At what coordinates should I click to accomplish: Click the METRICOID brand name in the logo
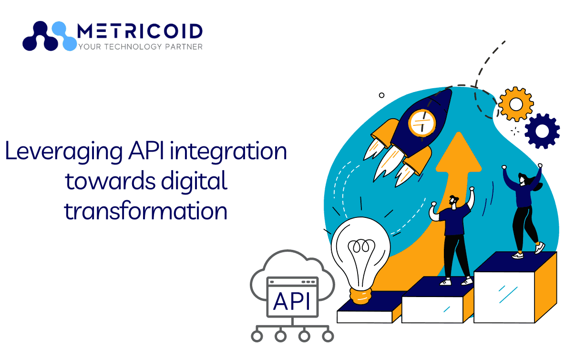pos(140,31)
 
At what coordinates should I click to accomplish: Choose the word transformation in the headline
pos(145,211)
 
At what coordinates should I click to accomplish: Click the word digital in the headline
pos(194,182)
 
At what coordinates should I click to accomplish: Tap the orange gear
pos(516,104)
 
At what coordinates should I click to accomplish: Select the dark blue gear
pos(542,131)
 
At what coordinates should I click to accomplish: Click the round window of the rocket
pos(422,123)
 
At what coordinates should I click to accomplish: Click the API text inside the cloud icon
pos(292,301)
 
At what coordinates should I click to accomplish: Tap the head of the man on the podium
pos(453,201)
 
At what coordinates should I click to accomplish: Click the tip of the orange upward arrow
pos(459,133)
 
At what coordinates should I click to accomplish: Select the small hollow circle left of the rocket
pos(381,95)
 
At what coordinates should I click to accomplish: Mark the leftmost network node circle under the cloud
pos(257,336)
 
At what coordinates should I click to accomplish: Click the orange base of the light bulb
pos(360,296)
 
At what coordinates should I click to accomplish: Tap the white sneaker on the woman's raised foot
pos(540,247)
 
